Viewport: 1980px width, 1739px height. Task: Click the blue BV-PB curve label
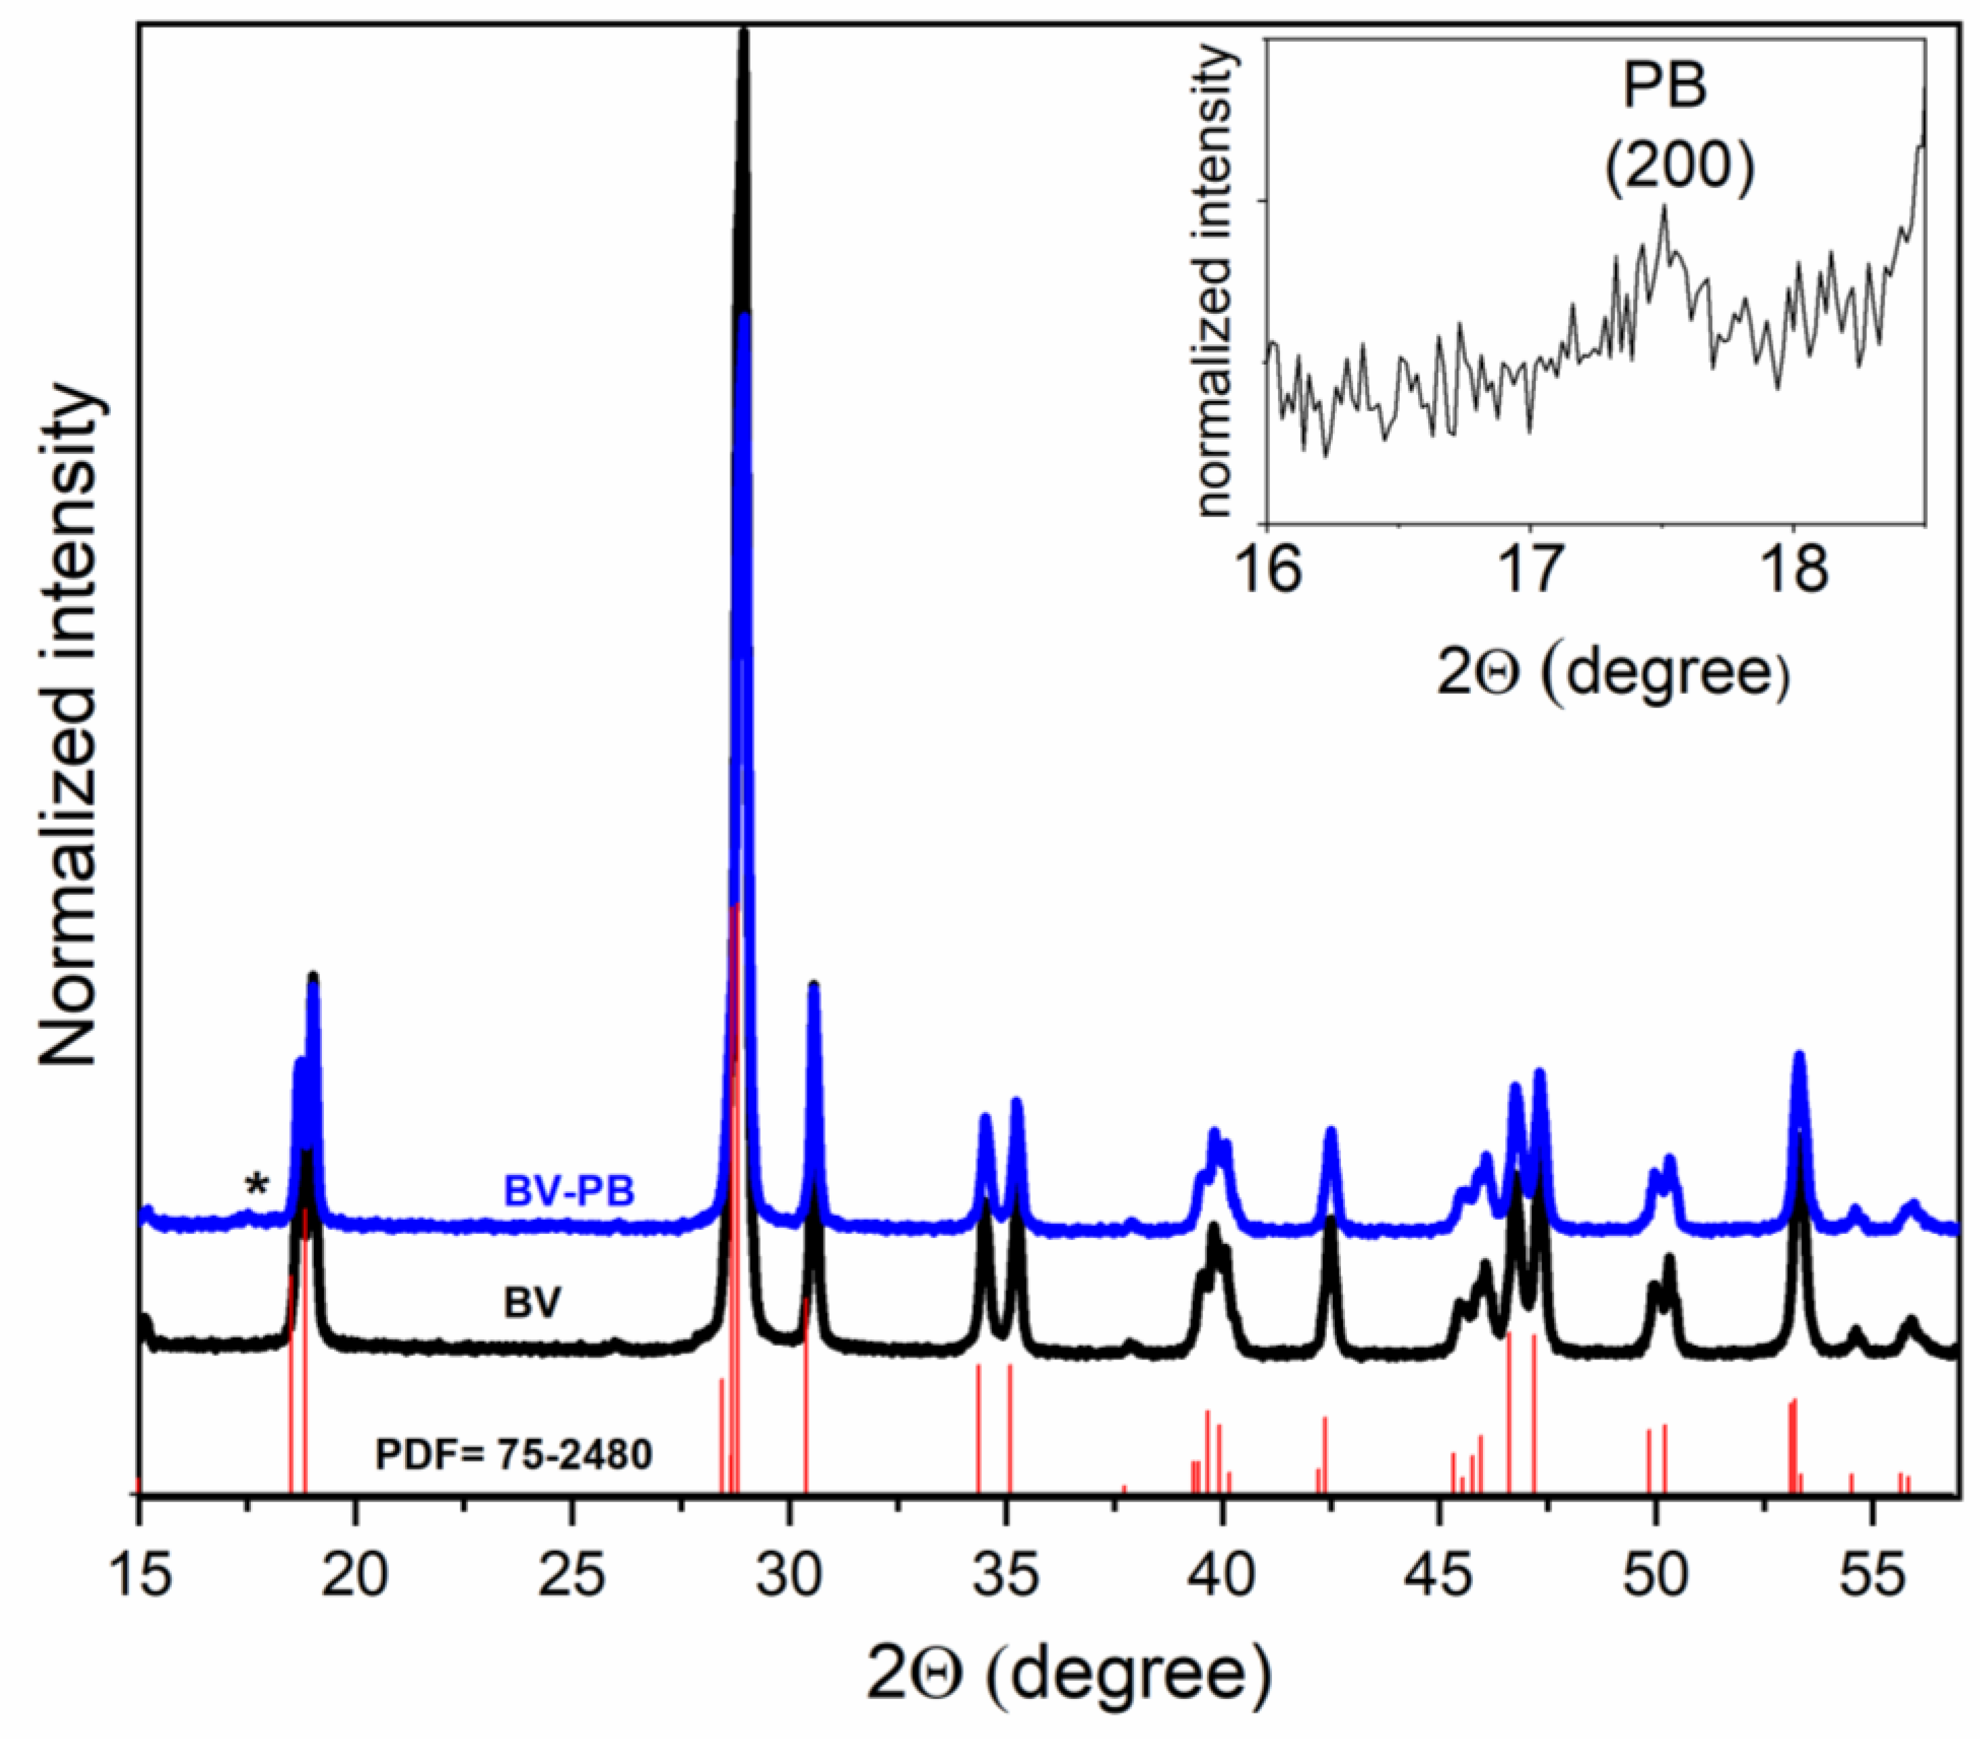click(569, 1190)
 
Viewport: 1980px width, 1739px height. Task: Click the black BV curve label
click(532, 1302)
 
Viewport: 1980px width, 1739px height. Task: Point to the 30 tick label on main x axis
click(789, 1575)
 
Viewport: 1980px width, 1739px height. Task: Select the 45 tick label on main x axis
click(1440, 1575)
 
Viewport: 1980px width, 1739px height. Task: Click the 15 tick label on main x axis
click(141, 1575)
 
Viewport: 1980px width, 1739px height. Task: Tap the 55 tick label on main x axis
click(1872, 1575)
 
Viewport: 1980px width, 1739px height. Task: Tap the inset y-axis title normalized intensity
click(1215, 281)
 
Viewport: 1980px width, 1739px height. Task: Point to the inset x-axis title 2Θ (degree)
click(1612, 672)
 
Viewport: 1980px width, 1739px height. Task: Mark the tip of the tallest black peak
click(743, 34)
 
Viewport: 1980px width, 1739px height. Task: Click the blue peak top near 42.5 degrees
click(1331, 1132)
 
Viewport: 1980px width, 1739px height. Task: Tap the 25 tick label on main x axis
click(571, 1575)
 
